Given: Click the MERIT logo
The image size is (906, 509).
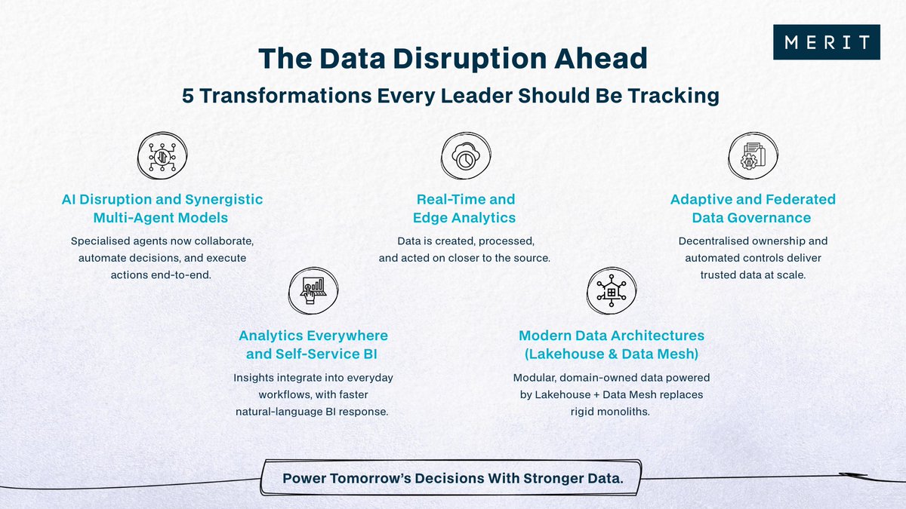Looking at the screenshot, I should coord(827,42).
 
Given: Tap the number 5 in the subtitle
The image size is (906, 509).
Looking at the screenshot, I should coord(191,96).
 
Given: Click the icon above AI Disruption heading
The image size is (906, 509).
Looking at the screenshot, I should coord(162,157).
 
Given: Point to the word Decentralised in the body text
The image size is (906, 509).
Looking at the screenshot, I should coord(720,241).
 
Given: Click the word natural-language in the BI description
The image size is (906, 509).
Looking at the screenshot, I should coord(276,412).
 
